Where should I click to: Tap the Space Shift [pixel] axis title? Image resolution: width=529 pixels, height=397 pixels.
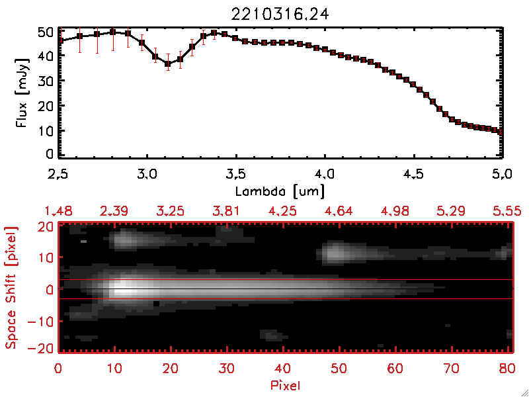[x=11, y=288]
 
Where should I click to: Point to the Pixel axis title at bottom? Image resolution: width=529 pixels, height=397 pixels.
[x=286, y=384]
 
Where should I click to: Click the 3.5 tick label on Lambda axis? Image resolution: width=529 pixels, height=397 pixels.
[x=236, y=175]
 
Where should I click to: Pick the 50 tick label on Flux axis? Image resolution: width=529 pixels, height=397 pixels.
[x=45, y=31]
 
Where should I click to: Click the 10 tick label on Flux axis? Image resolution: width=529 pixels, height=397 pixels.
[x=45, y=130]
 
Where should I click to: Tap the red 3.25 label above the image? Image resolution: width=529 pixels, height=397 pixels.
[x=172, y=211]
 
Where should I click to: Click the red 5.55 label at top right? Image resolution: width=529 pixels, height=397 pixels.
[x=508, y=211]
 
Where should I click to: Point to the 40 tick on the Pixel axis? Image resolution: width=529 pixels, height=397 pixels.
[x=283, y=367]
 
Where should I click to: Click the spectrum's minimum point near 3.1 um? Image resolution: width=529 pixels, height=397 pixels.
[x=168, y=64]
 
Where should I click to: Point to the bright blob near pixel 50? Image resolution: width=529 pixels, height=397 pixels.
[x=337, y=251]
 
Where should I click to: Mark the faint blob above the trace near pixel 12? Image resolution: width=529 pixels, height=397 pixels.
[x=124, y=240]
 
